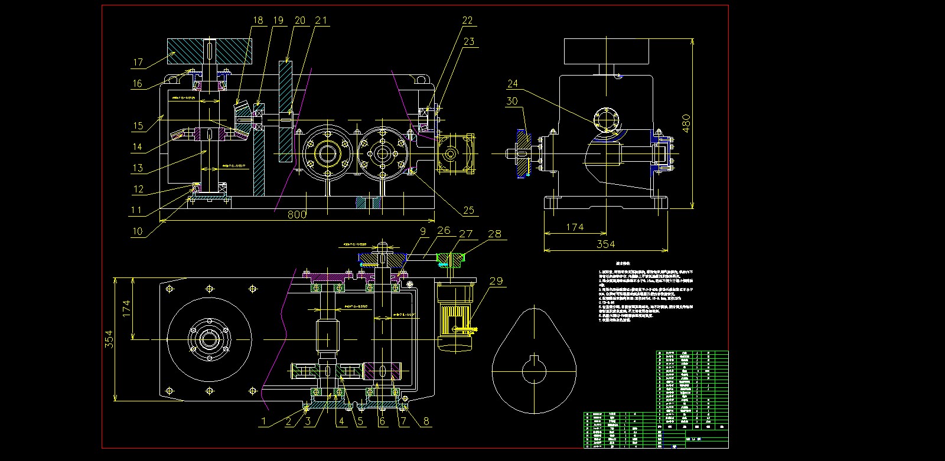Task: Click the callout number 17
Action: pyautogui.click(x=138, y=62)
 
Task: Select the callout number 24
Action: pyautogui.click(x=512, y=84)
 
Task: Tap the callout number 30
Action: pyautogui.click(x=512, y=101)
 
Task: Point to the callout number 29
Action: pyautogui.click(x=496, y=281)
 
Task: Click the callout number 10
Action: pyautogui.click(x=137, y=231)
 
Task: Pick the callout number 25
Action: pyautogui.click(x=468, y=210)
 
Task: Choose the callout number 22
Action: pyautogui.click(x=467, y=20)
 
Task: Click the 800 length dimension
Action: pyautogui.click(x=296, y=214)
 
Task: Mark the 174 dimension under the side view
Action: pyautogui.click(x=574, y=227)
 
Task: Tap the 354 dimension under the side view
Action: pyautogui.click(x=605, y=244)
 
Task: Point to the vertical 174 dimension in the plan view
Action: pyautogui.click(x=126, y=308)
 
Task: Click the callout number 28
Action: pyautogui.click(x=494, y=234)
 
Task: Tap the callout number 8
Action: pyautogui.click(x=427, y=421)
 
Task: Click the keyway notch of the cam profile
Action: pyautogui.click(x=534, y=360)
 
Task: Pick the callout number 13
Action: pyautogui.click(x=137, y=168)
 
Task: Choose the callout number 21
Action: pyautogui.click(x=321, y=20)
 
